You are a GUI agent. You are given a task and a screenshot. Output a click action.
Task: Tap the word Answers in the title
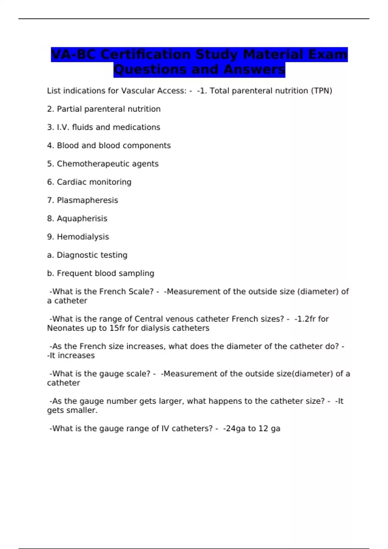pos(254,69)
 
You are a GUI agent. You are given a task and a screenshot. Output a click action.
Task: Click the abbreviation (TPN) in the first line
pos(321,91)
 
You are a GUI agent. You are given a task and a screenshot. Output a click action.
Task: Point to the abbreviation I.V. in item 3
pos(63,127)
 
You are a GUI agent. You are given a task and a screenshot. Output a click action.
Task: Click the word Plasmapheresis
pos(87,200)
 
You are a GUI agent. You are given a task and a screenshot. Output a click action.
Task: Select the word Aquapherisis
pos(82,219)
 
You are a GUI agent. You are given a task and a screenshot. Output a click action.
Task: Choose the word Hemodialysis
pos(83,237)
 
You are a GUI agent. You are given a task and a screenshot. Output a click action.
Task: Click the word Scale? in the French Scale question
pos(141,292)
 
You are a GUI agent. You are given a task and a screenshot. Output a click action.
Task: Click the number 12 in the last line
pos(263,429)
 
